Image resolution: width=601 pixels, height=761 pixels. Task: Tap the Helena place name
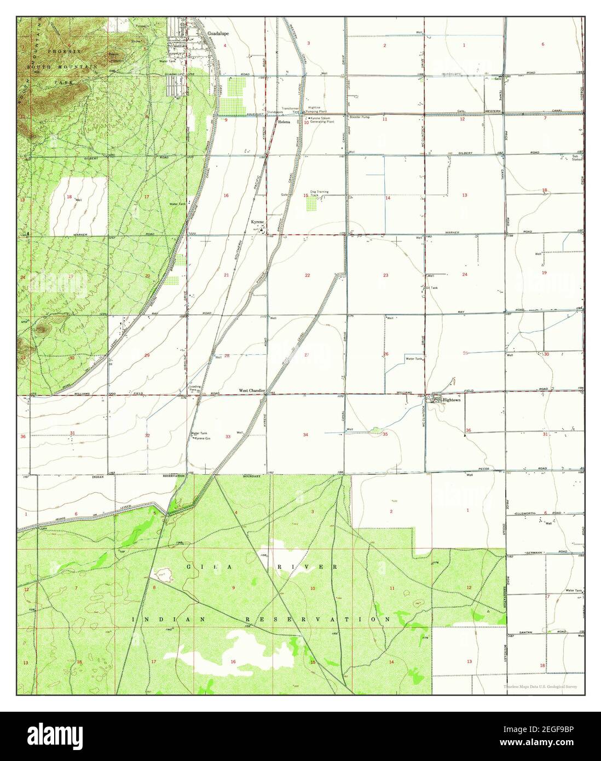(284, 122)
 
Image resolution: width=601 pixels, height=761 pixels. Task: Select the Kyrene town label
(257, 222)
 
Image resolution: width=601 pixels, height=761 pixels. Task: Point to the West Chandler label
(251, 391)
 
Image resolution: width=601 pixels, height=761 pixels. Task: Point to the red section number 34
(306, 435)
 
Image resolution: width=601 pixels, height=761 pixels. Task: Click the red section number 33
(228, 436)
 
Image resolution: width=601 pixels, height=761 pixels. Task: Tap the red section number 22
(307, 275)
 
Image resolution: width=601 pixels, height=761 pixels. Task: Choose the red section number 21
(226, 275)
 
